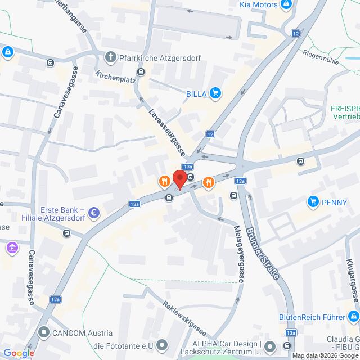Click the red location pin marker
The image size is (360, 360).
coord(179,177)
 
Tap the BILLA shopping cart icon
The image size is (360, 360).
coord(214,93)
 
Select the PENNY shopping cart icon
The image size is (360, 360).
coord(313,201)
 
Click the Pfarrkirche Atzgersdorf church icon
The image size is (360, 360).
coord(111,57)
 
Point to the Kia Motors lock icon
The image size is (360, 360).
coord(286,4)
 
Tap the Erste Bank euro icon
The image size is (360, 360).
coord(94,213)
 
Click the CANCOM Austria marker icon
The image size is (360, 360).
coord(43,332)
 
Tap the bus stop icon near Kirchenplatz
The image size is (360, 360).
coord(141,71)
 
